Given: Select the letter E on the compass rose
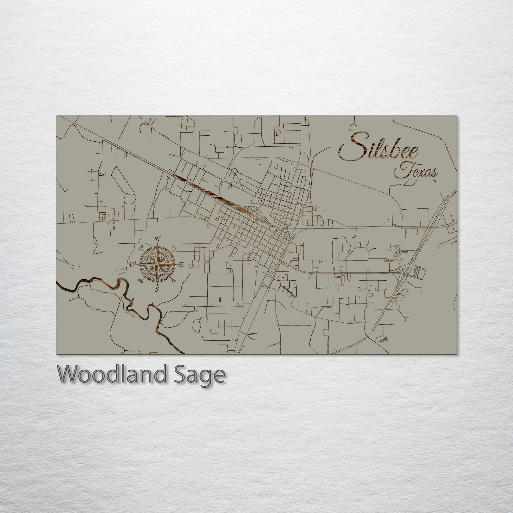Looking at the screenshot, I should pyautogui.click(x=181, y=265).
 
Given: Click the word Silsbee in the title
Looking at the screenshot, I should pyautogui.click(x=379, y=150).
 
